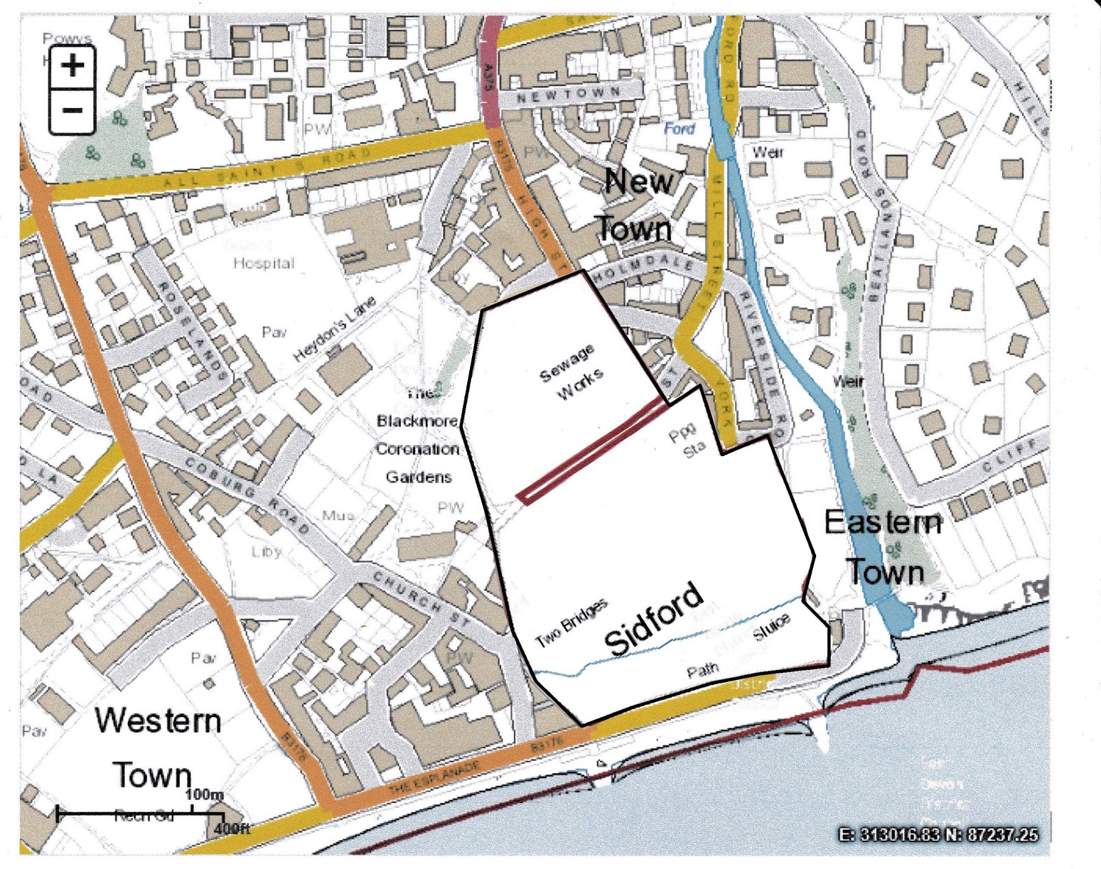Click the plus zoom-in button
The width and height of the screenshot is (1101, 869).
pyautogui.click(x=72, y=67)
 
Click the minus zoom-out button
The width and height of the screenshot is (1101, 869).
pyautogui.click(x=72, y=110)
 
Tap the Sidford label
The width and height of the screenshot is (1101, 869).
pyautogui.click(x=654, y=619)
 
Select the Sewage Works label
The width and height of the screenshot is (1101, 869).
pyautogui.click(x=571, y=372)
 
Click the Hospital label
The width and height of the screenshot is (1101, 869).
pyautogui.click(x=264, y=263)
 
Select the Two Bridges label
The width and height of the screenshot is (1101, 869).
pyautogui.click(x=572, y=622)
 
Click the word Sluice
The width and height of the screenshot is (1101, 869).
pyautogui.click(x=771, y=627)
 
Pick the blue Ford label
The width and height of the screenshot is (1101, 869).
pyautogui.click(x=679, y=129)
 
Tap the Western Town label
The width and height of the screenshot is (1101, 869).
pyautogui.click(x=157, y=747)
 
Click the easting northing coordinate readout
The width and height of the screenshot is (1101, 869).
pyautogui.click(x=939, y=835)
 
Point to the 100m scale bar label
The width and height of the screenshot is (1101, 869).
pyautogui.click(x=204, y=795)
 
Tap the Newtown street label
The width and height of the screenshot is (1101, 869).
pyautogui.click(x=568, y=95)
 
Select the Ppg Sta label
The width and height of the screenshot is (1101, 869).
pyautogui.click(x=687, y=441)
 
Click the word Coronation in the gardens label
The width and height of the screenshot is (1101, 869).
pyautogui.click(x=417, y=449)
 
